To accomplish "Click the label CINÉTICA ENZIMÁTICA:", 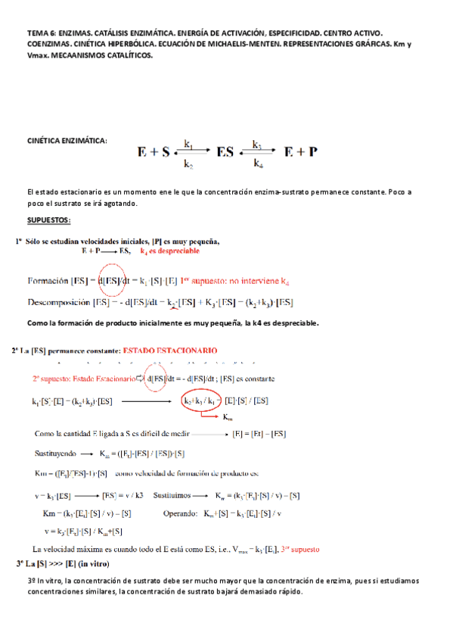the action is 67,141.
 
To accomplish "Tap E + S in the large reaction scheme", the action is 153,151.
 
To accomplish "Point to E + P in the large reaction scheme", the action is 300,151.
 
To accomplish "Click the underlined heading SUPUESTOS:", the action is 48,220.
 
